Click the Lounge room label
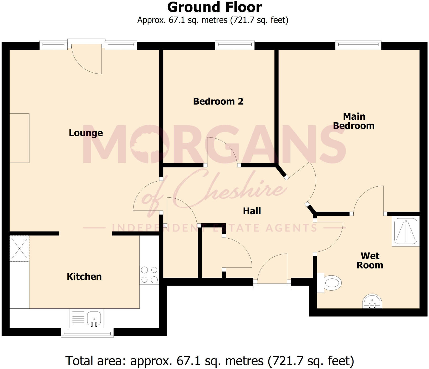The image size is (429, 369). tap(86, 133)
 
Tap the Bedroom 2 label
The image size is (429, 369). tap(218, 101)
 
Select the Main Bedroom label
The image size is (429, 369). tap(354, 121)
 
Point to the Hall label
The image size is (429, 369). tap(252, 211)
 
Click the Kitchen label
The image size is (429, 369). tap(84, 276)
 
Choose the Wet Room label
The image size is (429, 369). tap(370, 260)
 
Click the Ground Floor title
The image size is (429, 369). tap(214, 7)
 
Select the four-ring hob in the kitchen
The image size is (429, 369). tap(149, 275)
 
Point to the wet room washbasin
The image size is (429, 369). tap(372, 301)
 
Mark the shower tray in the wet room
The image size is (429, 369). tap(406, 231)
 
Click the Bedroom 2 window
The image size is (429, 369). tap(235, 45)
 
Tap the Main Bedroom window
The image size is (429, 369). tap(358, 45)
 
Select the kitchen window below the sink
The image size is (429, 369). tap(87, 333)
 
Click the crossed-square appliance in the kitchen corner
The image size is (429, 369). tap(19, 248)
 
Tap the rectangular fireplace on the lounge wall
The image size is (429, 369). tap(19, 138)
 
